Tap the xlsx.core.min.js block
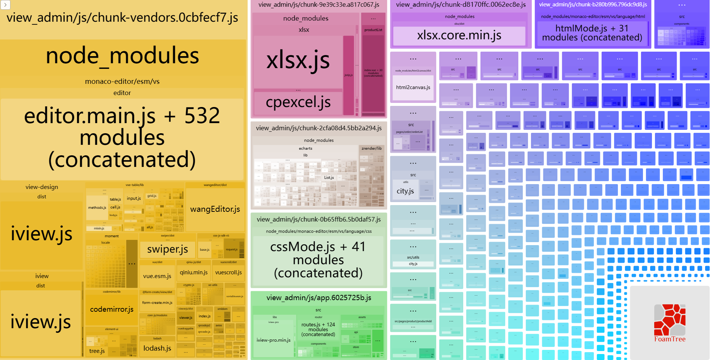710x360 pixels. tap(459, 36)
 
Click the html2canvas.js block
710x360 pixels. tap(413, 88)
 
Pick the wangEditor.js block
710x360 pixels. tap(215, 210)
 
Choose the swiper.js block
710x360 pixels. tap(167, 249)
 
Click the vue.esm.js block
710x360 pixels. tap(157, 276)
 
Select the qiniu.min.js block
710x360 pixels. tap(194, 273)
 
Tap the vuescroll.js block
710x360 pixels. tap(228, 273)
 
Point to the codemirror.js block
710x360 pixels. tap(112, 309)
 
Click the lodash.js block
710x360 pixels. tap(157, 348)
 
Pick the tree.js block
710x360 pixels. tap(97, 351)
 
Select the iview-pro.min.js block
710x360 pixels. tap(273, 340)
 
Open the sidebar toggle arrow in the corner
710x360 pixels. tap(5, 5)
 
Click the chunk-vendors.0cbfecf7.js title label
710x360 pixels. tap(122, 18)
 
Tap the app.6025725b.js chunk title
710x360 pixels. tap(319, 298)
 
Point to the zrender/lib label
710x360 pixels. tap(371, 149)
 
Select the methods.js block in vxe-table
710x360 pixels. tap(97, 208)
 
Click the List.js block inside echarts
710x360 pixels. tap(329, 178)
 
